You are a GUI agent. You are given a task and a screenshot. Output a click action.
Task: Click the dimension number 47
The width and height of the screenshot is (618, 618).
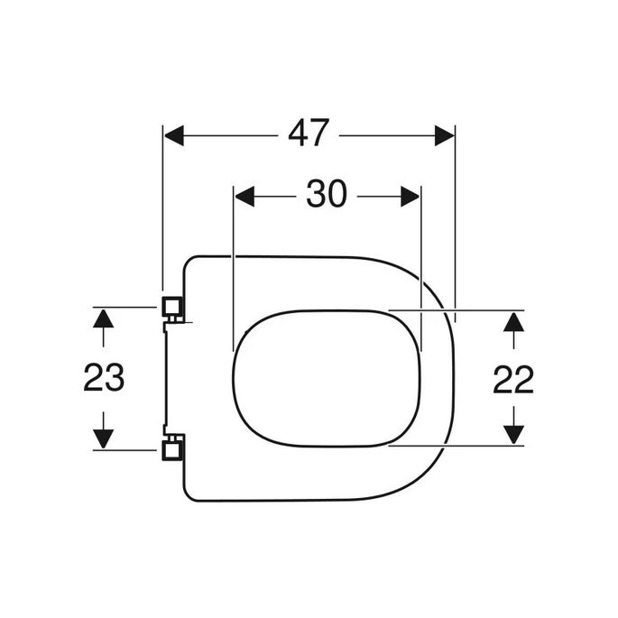tap(308, 135)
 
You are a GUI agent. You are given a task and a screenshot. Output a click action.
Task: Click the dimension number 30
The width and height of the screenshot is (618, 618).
tap(326, 194)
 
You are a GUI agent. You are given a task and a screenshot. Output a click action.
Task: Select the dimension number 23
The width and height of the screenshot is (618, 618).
tap(104, 379)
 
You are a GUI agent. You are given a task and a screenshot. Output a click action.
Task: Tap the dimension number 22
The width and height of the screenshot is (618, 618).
tap(512, 379)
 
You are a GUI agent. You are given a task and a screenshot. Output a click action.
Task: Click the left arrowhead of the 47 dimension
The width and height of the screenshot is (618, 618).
tap(174, 135)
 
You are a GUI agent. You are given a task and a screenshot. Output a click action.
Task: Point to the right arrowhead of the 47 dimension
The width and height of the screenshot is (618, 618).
tap(444, 135)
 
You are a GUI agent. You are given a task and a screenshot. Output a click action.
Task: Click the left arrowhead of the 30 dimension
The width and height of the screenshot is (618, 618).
tap(244, 195)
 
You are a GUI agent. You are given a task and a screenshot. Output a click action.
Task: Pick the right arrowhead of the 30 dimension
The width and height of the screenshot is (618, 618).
tap(410, 195)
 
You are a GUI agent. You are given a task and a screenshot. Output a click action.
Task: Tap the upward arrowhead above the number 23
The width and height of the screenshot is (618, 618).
tap(104, 318)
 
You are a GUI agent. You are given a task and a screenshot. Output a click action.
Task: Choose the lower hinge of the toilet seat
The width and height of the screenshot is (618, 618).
tap(171, 447)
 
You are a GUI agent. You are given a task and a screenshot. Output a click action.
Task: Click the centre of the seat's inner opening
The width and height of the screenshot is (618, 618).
tap(327, 377)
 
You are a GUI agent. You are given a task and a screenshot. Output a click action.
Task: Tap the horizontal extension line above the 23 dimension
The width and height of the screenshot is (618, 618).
tap(126, 307)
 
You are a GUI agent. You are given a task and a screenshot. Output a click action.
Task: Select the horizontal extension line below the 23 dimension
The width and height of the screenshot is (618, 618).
tap(126, 449)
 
